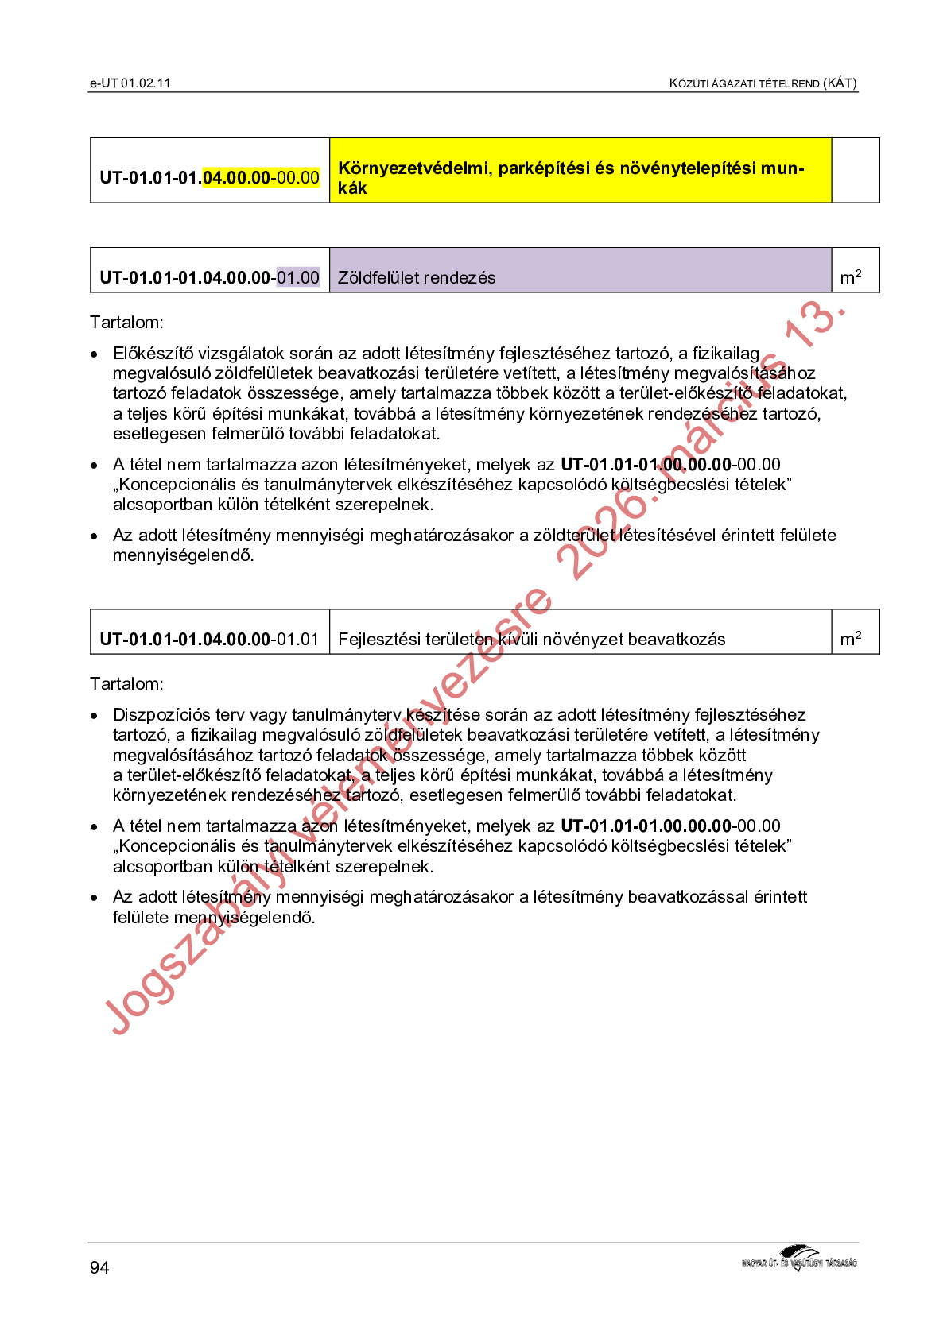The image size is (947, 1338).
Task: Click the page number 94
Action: tap(99, 1267)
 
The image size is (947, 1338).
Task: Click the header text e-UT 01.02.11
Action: tap(130, 83)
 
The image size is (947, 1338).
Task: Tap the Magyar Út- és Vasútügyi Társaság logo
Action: tap(798, 1259)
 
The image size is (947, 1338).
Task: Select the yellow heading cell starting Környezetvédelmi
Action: tap(580, 171)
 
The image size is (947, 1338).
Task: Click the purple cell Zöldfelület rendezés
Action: tap(580, 271)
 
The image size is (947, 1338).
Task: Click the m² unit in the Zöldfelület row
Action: tap(851, 277)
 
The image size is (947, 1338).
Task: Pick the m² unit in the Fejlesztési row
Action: tap(851, 639)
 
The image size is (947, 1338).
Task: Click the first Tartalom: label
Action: tap(126, 323)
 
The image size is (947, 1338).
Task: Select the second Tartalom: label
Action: tap(126, 684)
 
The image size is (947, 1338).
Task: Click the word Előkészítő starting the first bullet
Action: tap(152, 354)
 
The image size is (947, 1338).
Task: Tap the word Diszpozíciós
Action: tap(161, 715)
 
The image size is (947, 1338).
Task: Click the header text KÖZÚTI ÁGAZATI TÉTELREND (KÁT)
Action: tap(763, 83)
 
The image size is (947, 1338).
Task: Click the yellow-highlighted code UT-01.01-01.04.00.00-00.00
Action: tap(209, 177)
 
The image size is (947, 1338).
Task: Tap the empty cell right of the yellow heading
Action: tap(855, 171)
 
